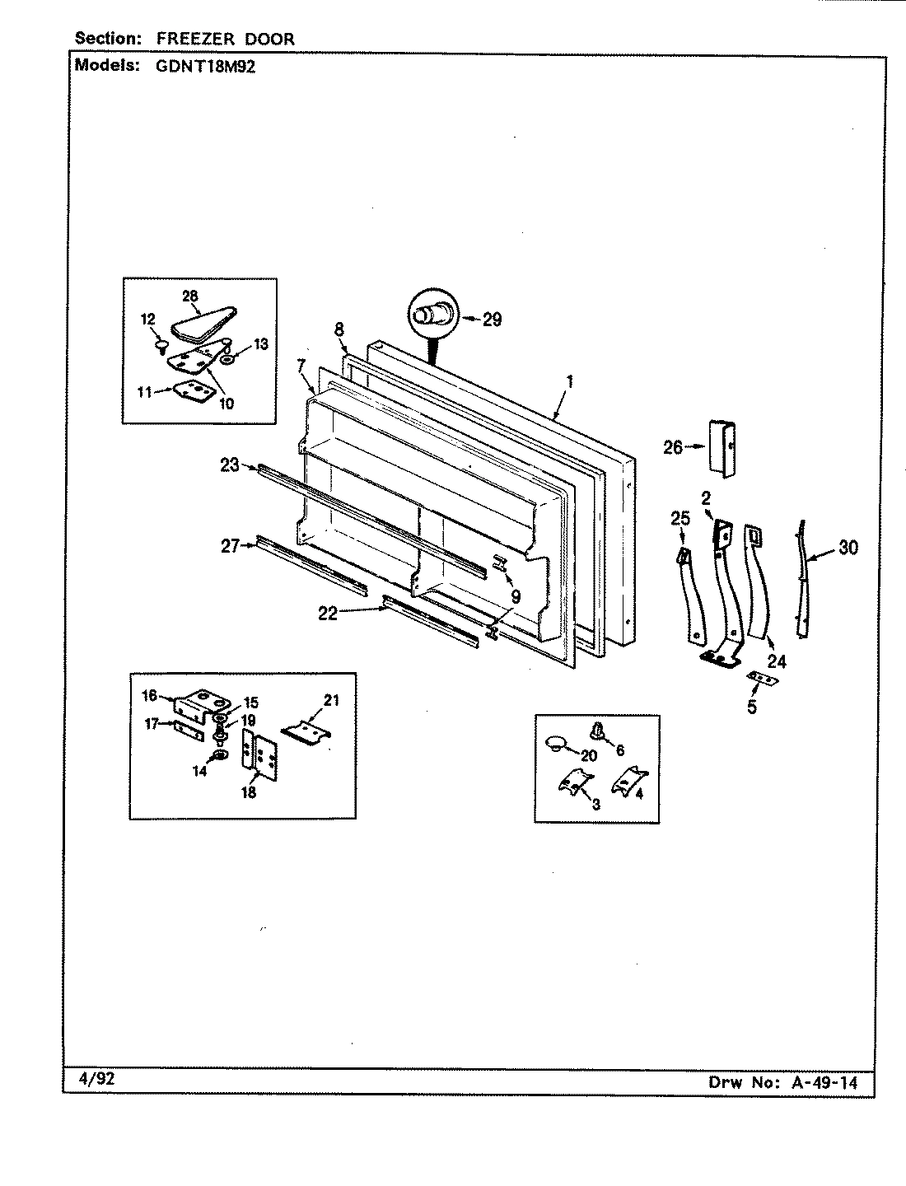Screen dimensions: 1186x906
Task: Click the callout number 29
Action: [492, 320]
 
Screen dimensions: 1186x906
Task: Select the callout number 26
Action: [673, 447]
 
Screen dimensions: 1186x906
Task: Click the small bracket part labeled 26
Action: [721, 447]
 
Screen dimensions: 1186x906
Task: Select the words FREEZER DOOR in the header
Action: [225, 38]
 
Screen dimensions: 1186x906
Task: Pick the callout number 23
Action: [229, 465]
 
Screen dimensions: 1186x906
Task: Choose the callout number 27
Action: [229, 544]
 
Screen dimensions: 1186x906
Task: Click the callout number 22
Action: [328, 613]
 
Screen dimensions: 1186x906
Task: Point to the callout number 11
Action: [144, 393]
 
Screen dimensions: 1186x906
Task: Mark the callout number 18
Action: [249, 792]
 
